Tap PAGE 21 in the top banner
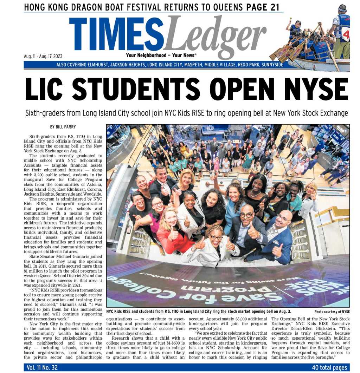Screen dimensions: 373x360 [263, 7]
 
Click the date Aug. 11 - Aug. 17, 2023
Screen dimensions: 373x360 [43, 56]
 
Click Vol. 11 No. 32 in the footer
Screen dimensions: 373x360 [42, 367]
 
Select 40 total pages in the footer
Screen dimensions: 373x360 [329, 367]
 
